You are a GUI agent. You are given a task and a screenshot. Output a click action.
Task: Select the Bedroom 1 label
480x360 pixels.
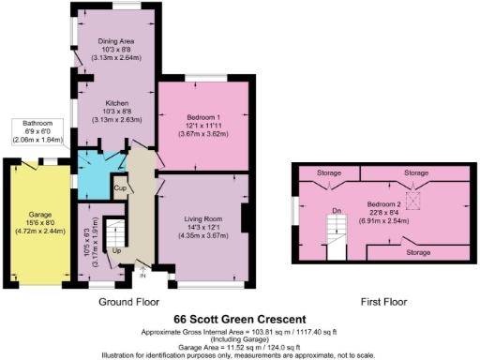[x=202, y=117]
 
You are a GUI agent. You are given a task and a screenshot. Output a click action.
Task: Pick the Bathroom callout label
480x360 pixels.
[x=37, y=123]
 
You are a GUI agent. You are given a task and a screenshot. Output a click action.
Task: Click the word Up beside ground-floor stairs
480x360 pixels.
[x=116, y=251]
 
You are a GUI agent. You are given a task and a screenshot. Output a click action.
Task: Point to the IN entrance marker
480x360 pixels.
[x=142, y=276]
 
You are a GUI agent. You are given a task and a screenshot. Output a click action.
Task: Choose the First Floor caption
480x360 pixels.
[x=385, y=302]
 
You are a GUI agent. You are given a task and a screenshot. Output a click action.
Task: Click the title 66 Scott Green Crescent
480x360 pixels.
[x=240, y=321]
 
